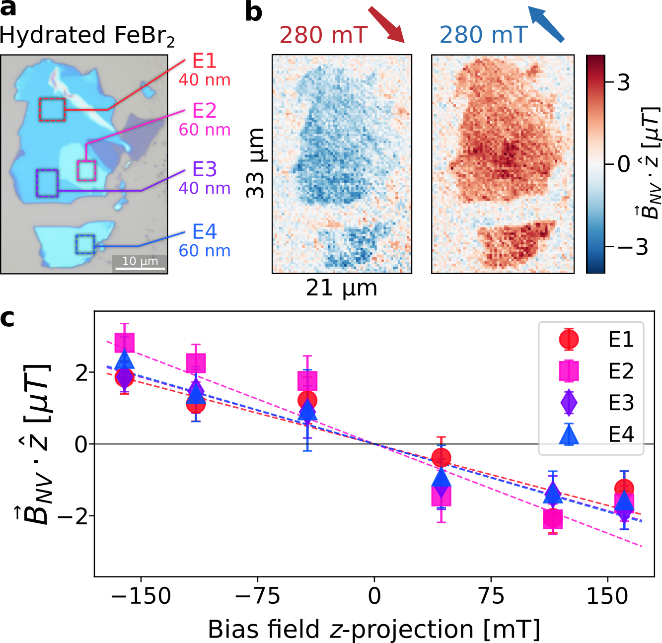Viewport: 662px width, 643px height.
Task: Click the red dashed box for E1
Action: tap(52, 110)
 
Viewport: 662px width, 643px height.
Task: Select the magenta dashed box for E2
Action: tap(86, 170)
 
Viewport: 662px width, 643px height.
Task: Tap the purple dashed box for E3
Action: tap(47, 183)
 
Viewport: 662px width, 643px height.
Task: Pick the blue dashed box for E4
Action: tap(85, 244)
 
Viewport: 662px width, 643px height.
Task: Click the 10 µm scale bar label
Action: tap(140, 261)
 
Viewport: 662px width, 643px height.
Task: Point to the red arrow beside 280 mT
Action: tap(387, 25)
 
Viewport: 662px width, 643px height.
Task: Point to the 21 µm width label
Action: tap(341, 288)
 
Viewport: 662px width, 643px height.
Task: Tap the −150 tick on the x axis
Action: tap(141, 596)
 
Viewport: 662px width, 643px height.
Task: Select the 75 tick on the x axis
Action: tap(491, 596)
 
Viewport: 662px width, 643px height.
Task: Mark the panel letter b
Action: tap(254, 12)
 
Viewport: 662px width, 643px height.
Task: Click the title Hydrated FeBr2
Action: tap(87, 36)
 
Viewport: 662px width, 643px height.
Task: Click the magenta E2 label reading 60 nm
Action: tap(205, 130)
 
